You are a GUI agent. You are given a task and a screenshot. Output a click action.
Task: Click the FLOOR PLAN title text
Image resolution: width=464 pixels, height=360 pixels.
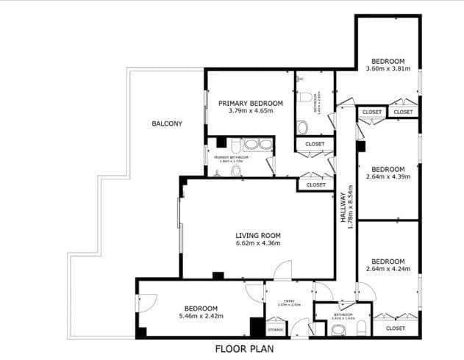tap(244, 349)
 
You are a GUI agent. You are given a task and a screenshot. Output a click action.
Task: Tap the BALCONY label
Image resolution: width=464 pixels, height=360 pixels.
tap(167, 123)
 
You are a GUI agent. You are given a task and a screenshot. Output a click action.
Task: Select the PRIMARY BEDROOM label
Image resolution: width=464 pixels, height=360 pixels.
tap(251, 103)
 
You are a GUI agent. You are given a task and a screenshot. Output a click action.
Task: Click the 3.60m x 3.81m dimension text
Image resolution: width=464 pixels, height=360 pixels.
tap(388, 69)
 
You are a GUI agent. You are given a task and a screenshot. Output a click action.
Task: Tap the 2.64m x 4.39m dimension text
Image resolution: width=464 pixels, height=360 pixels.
tap(388, 176)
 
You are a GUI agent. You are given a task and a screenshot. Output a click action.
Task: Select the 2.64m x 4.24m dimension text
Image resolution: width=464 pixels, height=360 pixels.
tap(388, 269)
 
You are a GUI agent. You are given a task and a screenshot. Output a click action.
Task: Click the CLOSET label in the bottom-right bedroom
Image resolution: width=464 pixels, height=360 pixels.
tap(395, 328)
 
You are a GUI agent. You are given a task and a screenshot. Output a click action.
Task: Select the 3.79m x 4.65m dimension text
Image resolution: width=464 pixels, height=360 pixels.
tap(251, 111)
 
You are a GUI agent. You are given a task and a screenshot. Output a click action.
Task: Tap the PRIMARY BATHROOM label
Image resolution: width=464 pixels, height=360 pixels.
tap(231, 157)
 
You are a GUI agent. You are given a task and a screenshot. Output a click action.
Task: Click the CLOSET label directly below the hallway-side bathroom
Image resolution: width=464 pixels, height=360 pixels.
tap(315, 144)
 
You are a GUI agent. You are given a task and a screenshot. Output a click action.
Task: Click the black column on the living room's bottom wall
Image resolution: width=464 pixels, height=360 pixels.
tap(218, 276)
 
